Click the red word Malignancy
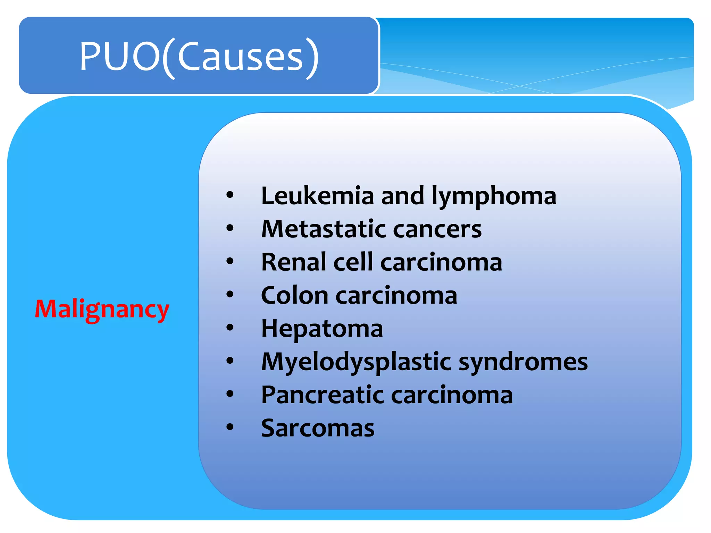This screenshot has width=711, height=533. (x=102, y=309)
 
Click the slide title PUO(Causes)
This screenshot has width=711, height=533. (x=199, y=56)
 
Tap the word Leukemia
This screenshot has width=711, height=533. (x=317, y=196)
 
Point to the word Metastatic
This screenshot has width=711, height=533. (x=324, y=229)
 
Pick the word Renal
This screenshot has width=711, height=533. (x=293, y=262)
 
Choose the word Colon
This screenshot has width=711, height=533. (x=294, y=295)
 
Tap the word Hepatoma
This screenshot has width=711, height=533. (x=322, y=329)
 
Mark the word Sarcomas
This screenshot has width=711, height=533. (x=318, y=428)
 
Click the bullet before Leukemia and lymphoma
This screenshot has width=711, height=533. (x=230, y=195)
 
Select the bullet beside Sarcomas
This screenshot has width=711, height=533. (x=230, y=427)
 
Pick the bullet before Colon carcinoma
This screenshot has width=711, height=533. (x=230, y=294)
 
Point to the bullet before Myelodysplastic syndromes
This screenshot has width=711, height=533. (x=230, y=361)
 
